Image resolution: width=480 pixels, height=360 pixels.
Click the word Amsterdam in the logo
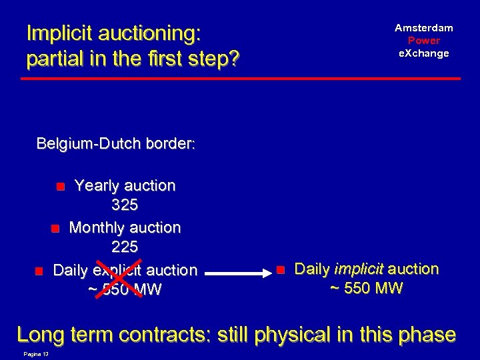coord(423,28)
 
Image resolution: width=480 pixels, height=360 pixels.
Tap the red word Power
coord(423,40)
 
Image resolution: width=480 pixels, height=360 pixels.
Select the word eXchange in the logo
coord(423,53)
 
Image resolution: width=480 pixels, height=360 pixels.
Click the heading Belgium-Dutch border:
coord(115,143)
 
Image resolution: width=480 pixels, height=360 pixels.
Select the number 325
coord(125,206)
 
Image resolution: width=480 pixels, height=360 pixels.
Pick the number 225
coord(125,247)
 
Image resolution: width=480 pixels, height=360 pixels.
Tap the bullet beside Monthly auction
coord(55,229)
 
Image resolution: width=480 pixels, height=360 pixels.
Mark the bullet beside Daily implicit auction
coord(280,270)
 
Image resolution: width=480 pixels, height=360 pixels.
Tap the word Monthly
coord(97,227)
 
